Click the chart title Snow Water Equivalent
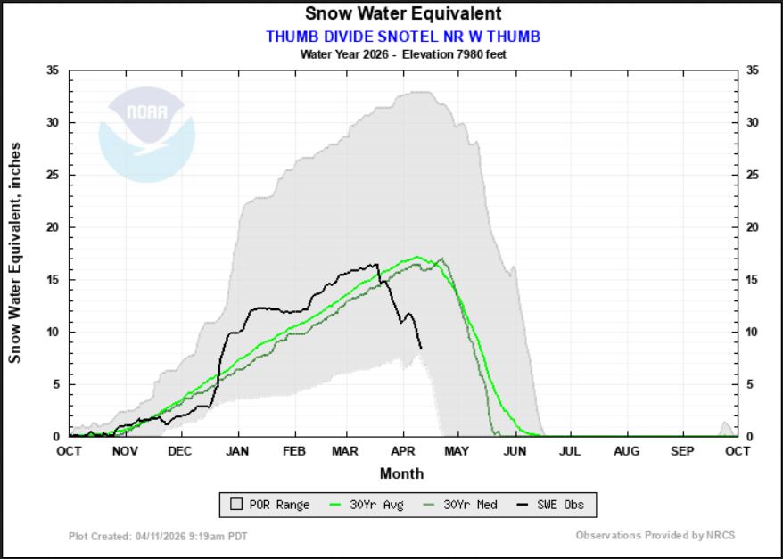(x=403, y=14)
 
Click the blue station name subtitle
(x=403, y=37)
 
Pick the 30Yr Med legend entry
(x=464, y=505)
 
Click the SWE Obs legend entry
(x=551, y=505)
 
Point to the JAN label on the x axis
(x=238, y=451)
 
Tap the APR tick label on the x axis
(x=402, y=451)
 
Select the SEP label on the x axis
(x=682, y=451)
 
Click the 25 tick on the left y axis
(x=53, y=175)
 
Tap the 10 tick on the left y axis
(x=53, y=333)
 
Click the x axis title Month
(x=402, y=473)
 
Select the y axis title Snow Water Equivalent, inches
(x=15, y=252)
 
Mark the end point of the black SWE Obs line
(x=421, y=348)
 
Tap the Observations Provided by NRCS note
(x=655, y=536)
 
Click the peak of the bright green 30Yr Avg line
(x=417, y=257)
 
